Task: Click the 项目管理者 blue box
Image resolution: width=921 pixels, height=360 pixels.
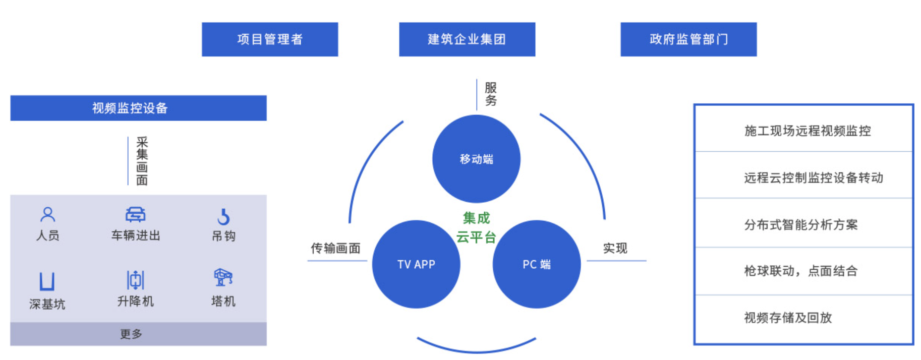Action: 270,39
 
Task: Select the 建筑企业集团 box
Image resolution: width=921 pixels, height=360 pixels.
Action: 467,39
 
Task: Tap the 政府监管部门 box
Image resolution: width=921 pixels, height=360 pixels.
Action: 688,39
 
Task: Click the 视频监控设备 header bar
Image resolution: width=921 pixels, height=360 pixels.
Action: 138,108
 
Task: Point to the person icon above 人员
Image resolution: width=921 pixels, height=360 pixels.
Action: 48,215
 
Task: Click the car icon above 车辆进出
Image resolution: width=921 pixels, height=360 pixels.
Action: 135,215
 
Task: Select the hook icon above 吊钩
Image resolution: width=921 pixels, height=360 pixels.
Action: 223,217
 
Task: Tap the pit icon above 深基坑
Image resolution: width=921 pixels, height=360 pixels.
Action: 47,281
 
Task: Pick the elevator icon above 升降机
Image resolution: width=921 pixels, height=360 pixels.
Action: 135,280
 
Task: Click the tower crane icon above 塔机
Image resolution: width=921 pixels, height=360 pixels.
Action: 223,277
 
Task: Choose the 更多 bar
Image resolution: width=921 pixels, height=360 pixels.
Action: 138,334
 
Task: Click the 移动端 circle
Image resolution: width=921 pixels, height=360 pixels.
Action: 476,159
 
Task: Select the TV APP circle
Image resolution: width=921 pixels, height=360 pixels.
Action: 416,264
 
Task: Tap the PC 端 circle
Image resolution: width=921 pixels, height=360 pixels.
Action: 537,264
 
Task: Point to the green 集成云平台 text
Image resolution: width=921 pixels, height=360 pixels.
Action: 476,227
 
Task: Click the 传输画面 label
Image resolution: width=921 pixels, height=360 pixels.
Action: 335,248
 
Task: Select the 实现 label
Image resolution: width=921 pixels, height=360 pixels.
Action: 615,248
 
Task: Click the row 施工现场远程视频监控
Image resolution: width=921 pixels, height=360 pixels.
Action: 807,131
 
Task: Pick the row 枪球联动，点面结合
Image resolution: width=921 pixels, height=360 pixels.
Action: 801,271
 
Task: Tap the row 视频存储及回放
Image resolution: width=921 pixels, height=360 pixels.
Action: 788,318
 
